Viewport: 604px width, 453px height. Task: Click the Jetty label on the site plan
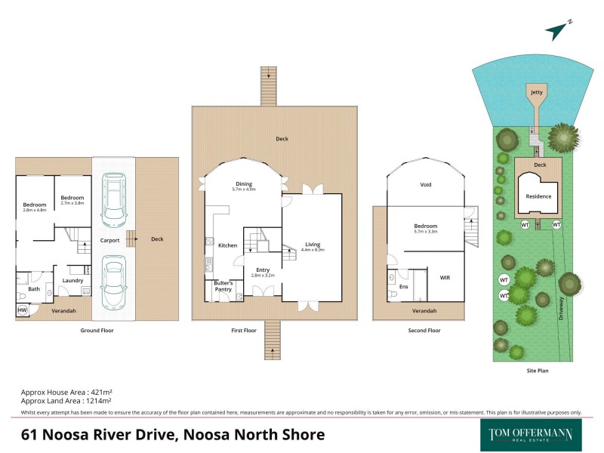[x=536, y=92]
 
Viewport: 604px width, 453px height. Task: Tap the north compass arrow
[x=557, y=30]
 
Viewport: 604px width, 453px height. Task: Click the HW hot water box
[x=22, y=310]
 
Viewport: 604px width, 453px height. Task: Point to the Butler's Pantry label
[x=223, y=286]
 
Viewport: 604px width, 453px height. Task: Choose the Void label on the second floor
[x=426, y=184]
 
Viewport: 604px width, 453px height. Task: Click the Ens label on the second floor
[x=404, y=287]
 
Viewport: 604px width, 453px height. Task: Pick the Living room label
[x=313, y=244]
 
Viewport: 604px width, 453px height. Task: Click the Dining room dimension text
[x=243, y=190]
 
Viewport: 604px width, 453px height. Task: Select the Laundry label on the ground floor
[x=72, y=280]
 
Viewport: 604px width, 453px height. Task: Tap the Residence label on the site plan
[x=538, y=196]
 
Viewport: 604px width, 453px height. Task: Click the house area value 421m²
[x=100, y=393]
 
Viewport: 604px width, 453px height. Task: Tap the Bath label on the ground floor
[x=34, y=288]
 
